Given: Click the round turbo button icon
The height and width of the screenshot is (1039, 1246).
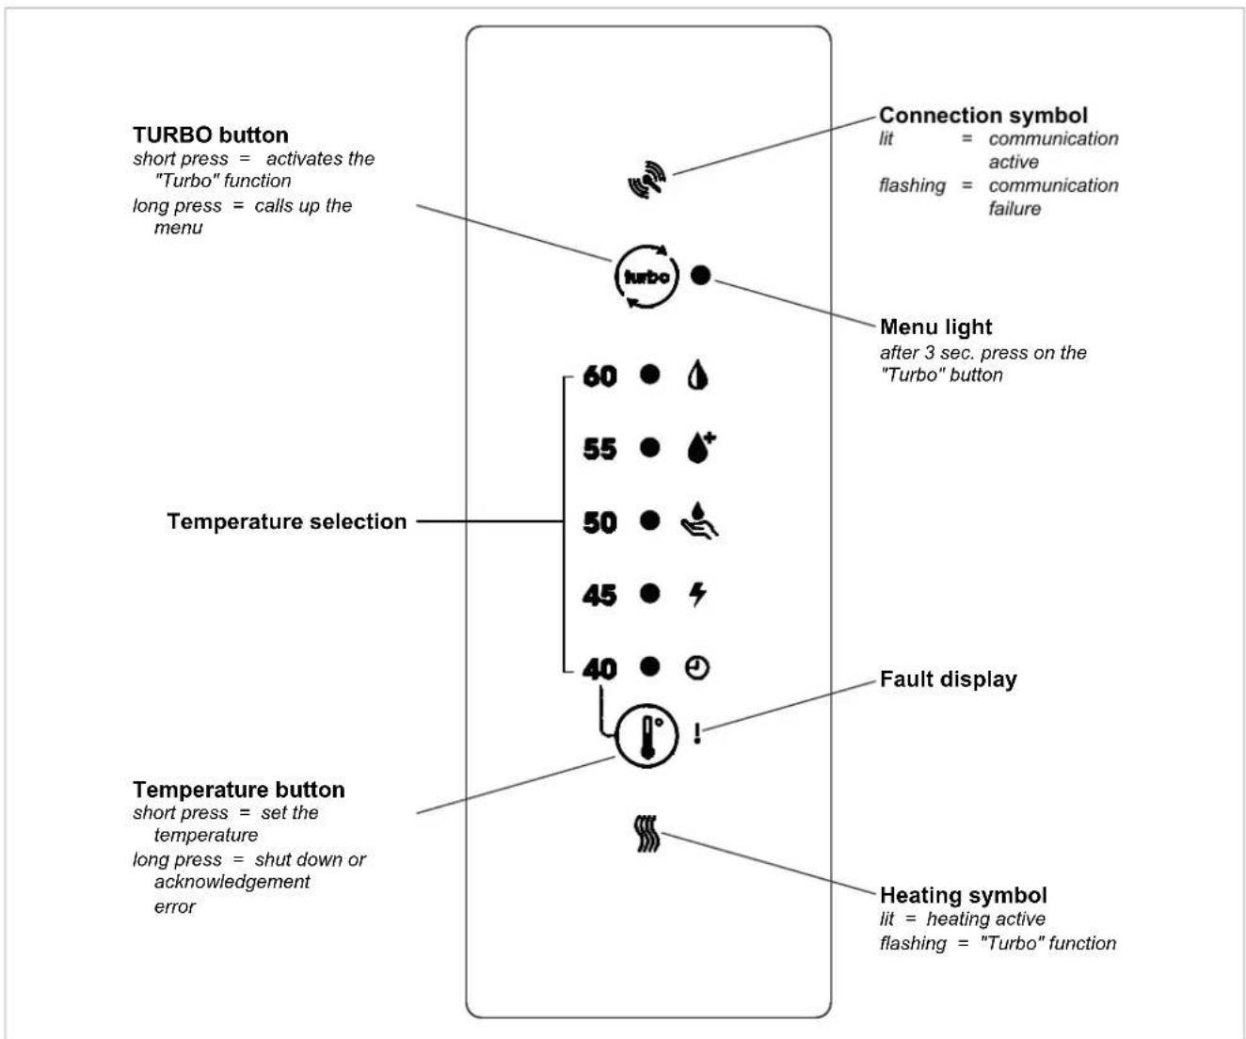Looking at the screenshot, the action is click(647, 277).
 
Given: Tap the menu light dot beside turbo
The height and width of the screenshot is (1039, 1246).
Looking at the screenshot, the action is click(700, 275).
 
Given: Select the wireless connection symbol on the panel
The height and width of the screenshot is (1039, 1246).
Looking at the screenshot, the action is click(647, 180).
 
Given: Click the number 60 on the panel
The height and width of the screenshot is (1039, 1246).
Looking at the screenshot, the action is click(599, 376).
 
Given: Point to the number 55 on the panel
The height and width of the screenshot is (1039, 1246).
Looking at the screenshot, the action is click(599, 449).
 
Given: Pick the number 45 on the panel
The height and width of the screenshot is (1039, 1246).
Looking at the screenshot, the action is click(599, 595).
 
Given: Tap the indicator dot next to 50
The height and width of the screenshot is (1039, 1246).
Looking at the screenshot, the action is click(650, 520).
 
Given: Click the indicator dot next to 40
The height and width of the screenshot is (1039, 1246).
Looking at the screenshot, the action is click(650, 666).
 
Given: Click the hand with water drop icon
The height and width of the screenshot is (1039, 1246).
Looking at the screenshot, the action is click(699, 521).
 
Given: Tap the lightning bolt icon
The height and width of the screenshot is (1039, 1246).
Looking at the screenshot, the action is click(697, 595).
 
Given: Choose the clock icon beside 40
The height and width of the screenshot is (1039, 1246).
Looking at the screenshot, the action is click(697, 668).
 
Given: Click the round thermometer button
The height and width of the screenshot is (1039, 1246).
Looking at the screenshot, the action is click(647, 736).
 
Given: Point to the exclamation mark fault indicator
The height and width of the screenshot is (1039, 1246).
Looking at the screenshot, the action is click(697, 733).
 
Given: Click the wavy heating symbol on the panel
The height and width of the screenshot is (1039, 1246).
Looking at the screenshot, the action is click(647, 834).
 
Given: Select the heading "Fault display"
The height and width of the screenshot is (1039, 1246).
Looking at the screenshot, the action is click(949, 679).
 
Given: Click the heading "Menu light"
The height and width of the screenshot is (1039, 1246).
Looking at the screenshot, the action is click(935, 327).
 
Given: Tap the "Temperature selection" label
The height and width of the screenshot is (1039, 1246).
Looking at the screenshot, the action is click(286, 521).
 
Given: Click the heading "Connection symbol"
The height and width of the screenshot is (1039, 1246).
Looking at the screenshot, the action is click(983, 115).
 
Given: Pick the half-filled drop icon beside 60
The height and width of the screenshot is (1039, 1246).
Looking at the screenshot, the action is click(697, 376).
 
